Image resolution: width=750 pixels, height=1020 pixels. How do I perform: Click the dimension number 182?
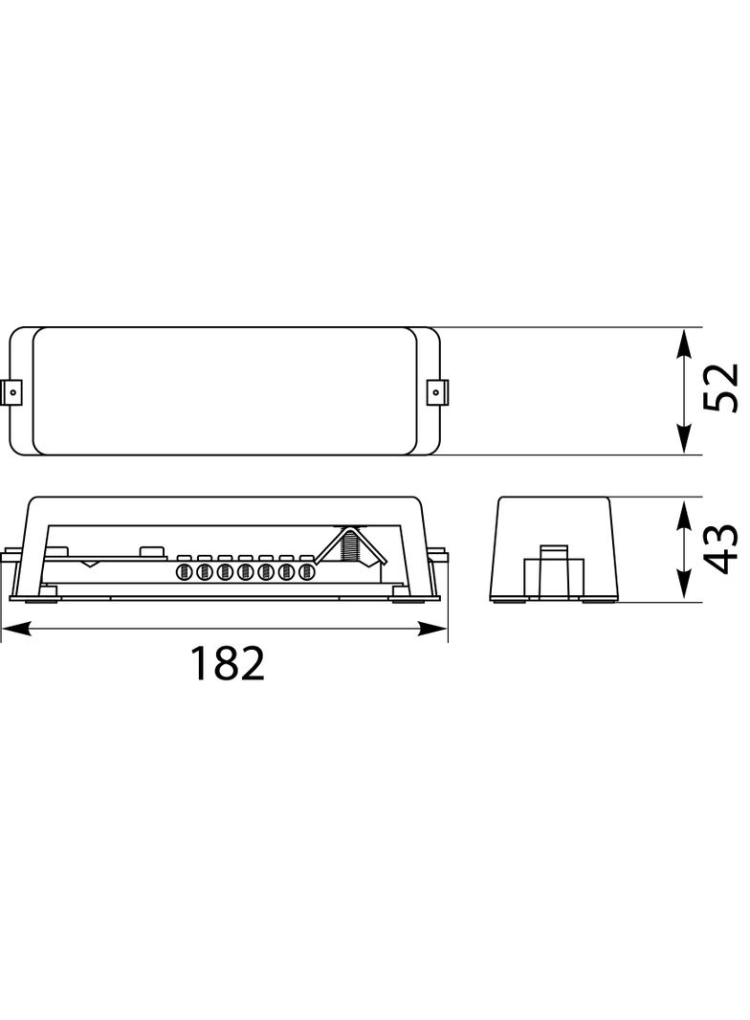[227, 663]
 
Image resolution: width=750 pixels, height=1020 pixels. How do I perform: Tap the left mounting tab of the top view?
[11, 391]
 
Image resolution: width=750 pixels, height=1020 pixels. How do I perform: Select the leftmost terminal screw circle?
[185, 572]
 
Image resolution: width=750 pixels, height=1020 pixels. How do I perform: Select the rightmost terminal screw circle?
[306, 572]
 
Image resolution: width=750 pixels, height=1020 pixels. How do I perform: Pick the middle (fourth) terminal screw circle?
[245, 572]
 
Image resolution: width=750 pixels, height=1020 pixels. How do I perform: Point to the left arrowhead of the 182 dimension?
[15, 629]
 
